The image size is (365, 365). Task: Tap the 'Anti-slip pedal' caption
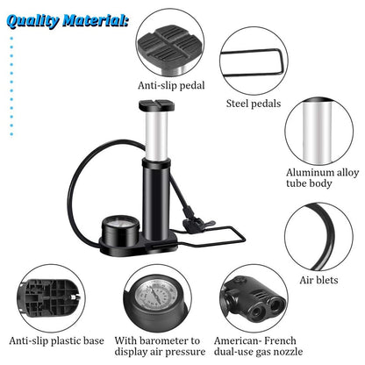[170, 86]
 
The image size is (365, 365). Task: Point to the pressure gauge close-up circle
[161, 303]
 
